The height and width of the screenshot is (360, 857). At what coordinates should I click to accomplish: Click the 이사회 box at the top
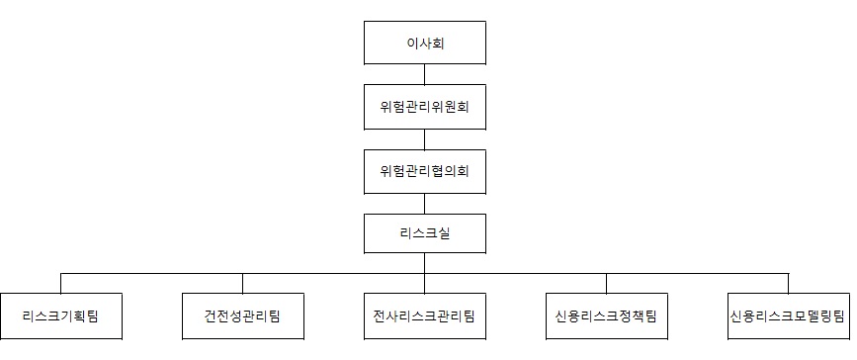point(425,43)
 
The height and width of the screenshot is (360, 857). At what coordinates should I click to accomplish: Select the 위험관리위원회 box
point(425,106)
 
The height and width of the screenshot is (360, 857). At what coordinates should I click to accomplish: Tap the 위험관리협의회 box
point(425,169)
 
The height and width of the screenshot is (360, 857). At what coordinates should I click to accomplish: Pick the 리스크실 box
point(425,232)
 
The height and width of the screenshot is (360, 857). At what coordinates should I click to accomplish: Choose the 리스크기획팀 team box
point(60,316)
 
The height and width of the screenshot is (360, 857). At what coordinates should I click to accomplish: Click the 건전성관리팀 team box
point(242,316)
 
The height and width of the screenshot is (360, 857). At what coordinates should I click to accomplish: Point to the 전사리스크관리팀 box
point(425,316)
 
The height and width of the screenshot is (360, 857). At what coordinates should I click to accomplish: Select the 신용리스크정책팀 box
point(607,316)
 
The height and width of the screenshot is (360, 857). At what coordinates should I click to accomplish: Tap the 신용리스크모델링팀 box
point(788,316)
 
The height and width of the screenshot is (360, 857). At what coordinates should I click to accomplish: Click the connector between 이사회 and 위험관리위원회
point(425,74)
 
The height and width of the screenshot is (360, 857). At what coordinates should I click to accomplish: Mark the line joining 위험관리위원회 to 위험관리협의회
point(425,137)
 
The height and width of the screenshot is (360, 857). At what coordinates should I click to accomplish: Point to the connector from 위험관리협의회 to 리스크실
point(425,201)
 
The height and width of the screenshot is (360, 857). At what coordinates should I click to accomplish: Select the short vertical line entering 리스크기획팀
point(60,283)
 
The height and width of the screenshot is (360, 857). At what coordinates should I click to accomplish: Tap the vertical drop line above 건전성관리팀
point(242,283)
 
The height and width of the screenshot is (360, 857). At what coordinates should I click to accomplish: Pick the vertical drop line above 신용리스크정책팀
point(607,283)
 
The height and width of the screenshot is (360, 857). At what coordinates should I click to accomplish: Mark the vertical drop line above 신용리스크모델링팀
point(788,283)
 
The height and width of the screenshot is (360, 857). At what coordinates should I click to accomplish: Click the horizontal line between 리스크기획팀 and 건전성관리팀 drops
point(151,272)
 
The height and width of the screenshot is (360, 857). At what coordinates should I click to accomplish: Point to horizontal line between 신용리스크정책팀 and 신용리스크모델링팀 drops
point(697,272)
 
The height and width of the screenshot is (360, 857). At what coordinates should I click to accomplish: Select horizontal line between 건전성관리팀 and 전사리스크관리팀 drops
point(333,272)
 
